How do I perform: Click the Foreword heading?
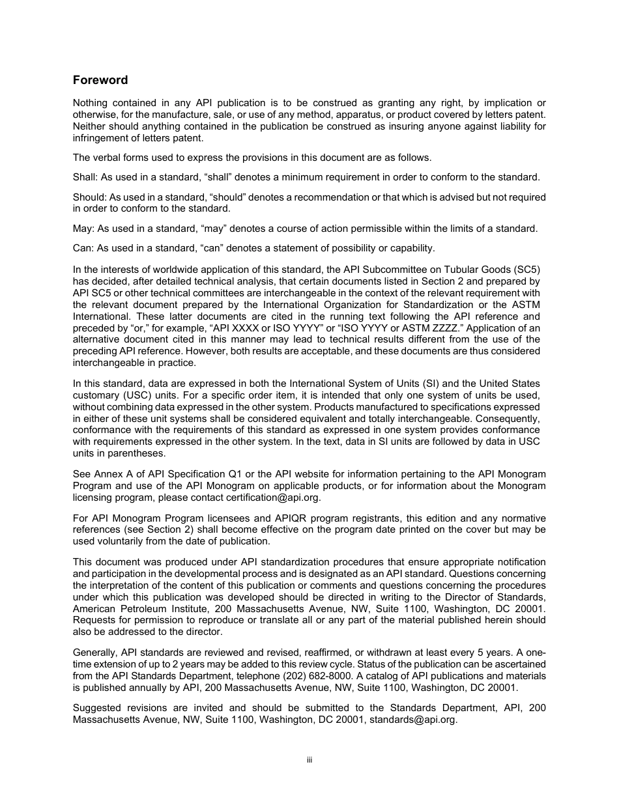tap(100, 80)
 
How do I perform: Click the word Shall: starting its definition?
tap(85, 177)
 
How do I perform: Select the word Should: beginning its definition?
tap(89, 197)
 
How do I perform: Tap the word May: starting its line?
tap(83, 229)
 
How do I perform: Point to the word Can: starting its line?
tap(83, 248)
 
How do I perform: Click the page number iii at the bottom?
tap(309, 760)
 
